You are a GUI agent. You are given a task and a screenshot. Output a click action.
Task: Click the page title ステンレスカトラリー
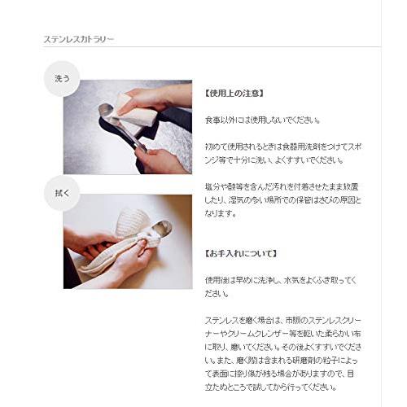coord(78,38)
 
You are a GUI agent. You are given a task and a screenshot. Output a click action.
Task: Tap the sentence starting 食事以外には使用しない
coord(262,120)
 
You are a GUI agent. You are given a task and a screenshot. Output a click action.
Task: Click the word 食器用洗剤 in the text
coord(304,147)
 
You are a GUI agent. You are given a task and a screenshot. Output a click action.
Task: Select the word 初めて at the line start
coord(215,147)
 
